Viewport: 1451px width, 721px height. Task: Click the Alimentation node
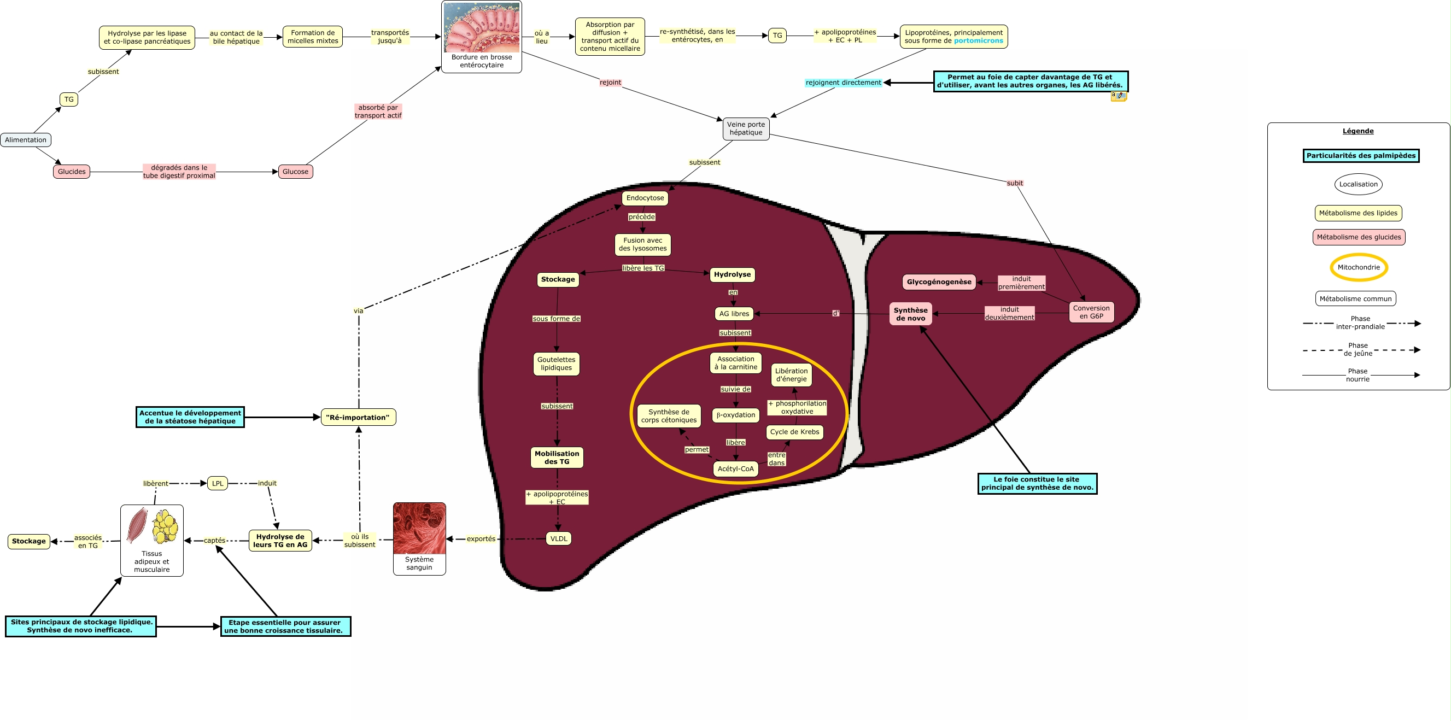(x=25, y=140)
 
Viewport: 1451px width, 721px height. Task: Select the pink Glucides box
(x=72, y=172)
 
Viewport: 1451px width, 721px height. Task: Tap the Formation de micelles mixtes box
(x=313, y=37)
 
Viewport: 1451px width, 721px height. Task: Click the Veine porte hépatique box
(x=746, y=128)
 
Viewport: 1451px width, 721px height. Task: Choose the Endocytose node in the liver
(x=645, y=198)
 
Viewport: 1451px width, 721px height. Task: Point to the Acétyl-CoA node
(x=735, y=468)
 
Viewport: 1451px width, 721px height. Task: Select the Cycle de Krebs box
(x=794, y=432)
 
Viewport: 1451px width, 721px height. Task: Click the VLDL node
(x=559, y=538)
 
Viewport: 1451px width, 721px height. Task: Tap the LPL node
(x=218, y=483)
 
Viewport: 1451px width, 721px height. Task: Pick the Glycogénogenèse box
(x=938, y=282)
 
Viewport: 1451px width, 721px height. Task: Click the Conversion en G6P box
(x=1091, y=312)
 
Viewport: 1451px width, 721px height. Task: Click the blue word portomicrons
(x=979, y=40)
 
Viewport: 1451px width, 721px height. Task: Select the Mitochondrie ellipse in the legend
(x=1359, y=267)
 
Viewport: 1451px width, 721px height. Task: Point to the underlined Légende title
(x=1358, y=131)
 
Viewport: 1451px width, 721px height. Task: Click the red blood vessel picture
(x=419, y=529)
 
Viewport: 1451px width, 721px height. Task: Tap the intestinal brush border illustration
(x=482, y=27)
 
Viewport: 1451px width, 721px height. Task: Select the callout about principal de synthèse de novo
(x=1037, y=483)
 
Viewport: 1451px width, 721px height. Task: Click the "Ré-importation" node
(x=358, y=418)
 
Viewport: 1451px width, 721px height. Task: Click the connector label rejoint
(x=610, y=82)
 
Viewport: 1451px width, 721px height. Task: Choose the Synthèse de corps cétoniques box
(x=669, y=415)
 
